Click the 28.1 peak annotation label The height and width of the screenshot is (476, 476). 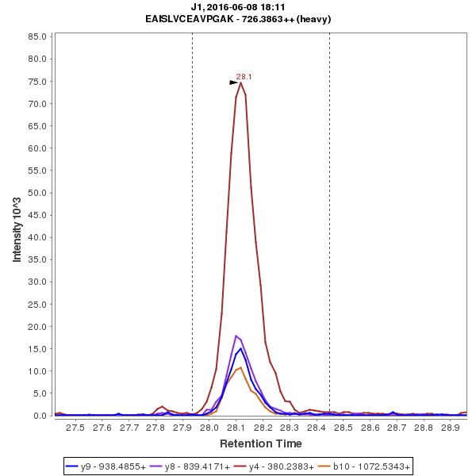244,76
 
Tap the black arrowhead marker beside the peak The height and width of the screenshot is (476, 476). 234,82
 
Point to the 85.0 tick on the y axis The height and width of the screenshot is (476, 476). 38,36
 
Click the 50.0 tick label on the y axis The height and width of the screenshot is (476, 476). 38,193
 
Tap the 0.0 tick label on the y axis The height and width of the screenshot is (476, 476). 40,416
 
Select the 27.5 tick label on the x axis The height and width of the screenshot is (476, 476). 75,428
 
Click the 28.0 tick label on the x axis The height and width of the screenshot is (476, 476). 209,428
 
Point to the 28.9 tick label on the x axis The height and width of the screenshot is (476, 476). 451,428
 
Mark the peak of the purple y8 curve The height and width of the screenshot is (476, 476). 236,336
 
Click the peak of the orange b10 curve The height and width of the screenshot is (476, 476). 241,367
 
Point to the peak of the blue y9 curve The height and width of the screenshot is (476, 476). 240,348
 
